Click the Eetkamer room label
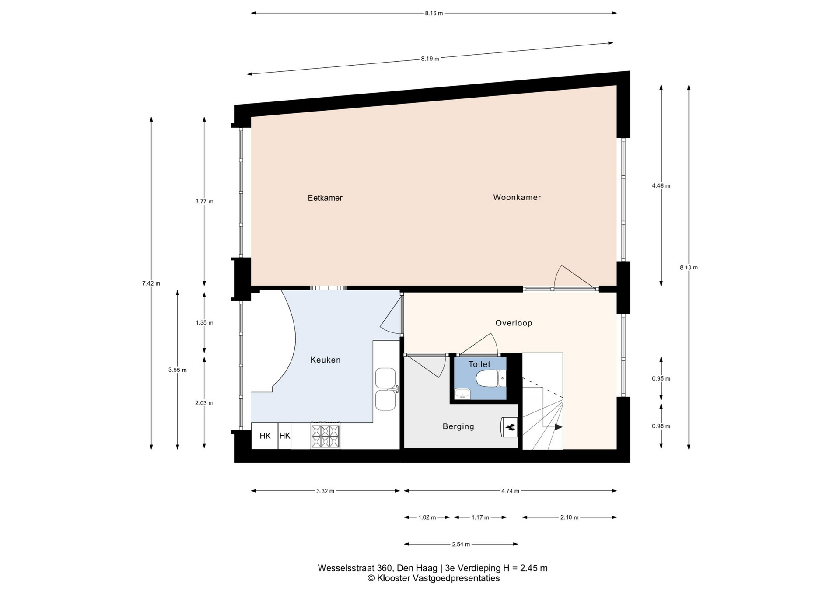pos(325,198)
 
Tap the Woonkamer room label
pos(517,197)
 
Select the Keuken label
pos(325,360)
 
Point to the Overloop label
pos(514,323)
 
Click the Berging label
pos(458,426)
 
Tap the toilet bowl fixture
pos(491,379)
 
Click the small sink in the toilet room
pos(462,394)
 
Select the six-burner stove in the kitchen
pos(325,436)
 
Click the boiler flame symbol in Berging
pos(510,427)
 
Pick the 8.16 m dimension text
pos(434,13)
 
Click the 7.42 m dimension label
pos(151,283)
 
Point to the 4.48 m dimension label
pos(661,185)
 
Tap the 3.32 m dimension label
pos(325,491)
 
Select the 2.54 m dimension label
pos(461,545)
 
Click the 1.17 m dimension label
pos(480,517)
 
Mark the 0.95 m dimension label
pos(661,379)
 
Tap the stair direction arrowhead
pos(559,427)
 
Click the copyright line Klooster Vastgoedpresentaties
pos(434,578)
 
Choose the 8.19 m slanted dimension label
pos(430,59)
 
